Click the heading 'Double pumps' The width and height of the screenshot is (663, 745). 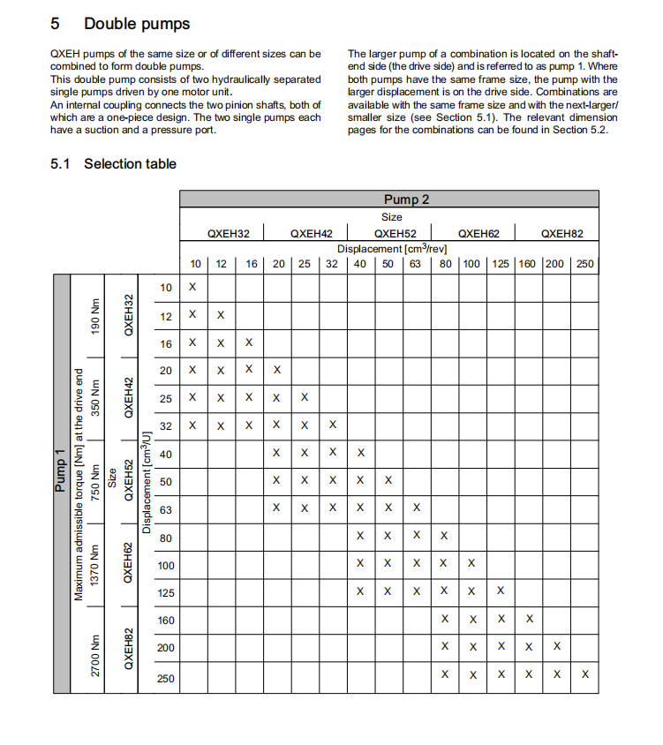(x=136, y=24)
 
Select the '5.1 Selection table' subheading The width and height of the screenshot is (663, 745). (x=114, y=163)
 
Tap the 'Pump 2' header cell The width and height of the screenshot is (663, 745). (x=406, y=199)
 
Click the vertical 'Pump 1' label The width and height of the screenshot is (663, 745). (x=61, y=470)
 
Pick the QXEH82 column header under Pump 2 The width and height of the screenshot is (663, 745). (x=561, y=234)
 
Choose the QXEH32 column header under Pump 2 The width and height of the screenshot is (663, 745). (x=229, y=234)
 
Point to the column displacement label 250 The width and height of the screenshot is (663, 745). (x=584, y=263)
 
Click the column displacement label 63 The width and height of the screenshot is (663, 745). (x=415, y=263)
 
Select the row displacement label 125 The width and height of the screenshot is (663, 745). (x=165, y=593)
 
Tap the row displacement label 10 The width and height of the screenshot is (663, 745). (x=166, y=287)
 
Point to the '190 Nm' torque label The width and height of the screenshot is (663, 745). (x=94, y=314)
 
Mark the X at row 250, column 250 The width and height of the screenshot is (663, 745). (x=584, y=675)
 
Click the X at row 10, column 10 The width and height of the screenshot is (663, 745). (x=192, y=287)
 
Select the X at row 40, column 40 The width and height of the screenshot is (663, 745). (x=360, y=453)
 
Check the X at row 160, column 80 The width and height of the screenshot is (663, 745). (x=444, y=621)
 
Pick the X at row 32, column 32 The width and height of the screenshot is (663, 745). (x=332, y=425)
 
